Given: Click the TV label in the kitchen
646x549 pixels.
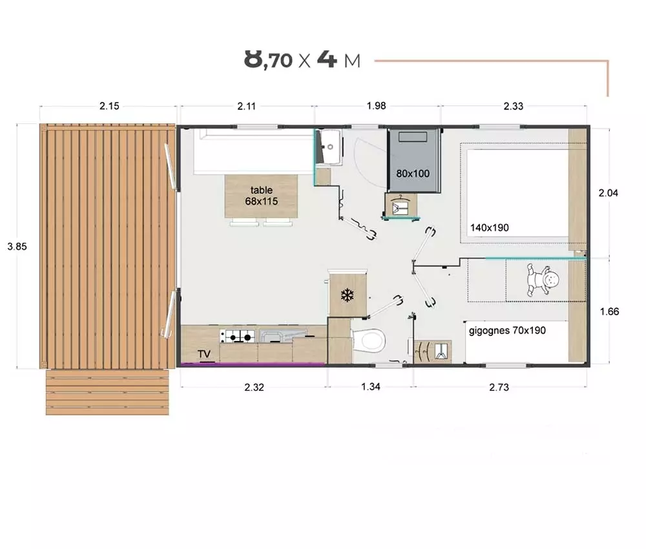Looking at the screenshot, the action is click(204, 354).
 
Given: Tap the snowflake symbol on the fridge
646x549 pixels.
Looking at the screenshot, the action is click(348, 295).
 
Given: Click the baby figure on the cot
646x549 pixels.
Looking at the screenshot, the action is click(542, 280).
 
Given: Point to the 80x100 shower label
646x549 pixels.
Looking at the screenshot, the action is click(413, 173).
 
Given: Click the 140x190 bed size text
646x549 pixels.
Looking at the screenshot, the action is click(490, 228).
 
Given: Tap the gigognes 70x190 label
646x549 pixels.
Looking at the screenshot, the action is click(507, 330).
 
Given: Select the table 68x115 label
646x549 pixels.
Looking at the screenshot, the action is click(262, 196).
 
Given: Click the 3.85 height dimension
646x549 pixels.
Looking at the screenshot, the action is click(17, 246).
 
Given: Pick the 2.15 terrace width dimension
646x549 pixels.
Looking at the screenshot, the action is click(109, 106).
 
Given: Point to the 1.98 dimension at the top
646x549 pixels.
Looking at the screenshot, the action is click(376, 105).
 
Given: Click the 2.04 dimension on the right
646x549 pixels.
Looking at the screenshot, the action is click(608, 192).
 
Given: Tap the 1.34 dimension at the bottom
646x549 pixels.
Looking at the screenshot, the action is click(370, 386).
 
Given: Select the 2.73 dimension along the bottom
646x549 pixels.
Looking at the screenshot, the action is click(499, 387).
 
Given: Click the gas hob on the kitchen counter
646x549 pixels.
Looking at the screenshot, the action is click(237, 336).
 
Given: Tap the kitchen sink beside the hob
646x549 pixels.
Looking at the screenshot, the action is click(283, 335).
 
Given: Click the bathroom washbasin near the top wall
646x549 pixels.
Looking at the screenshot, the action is click(330, 146).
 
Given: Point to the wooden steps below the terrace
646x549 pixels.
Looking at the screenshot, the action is click(107, 392).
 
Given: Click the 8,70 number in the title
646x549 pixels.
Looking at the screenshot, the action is click(268, 59).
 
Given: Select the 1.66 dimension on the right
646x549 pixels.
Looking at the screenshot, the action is click(609, 311).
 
